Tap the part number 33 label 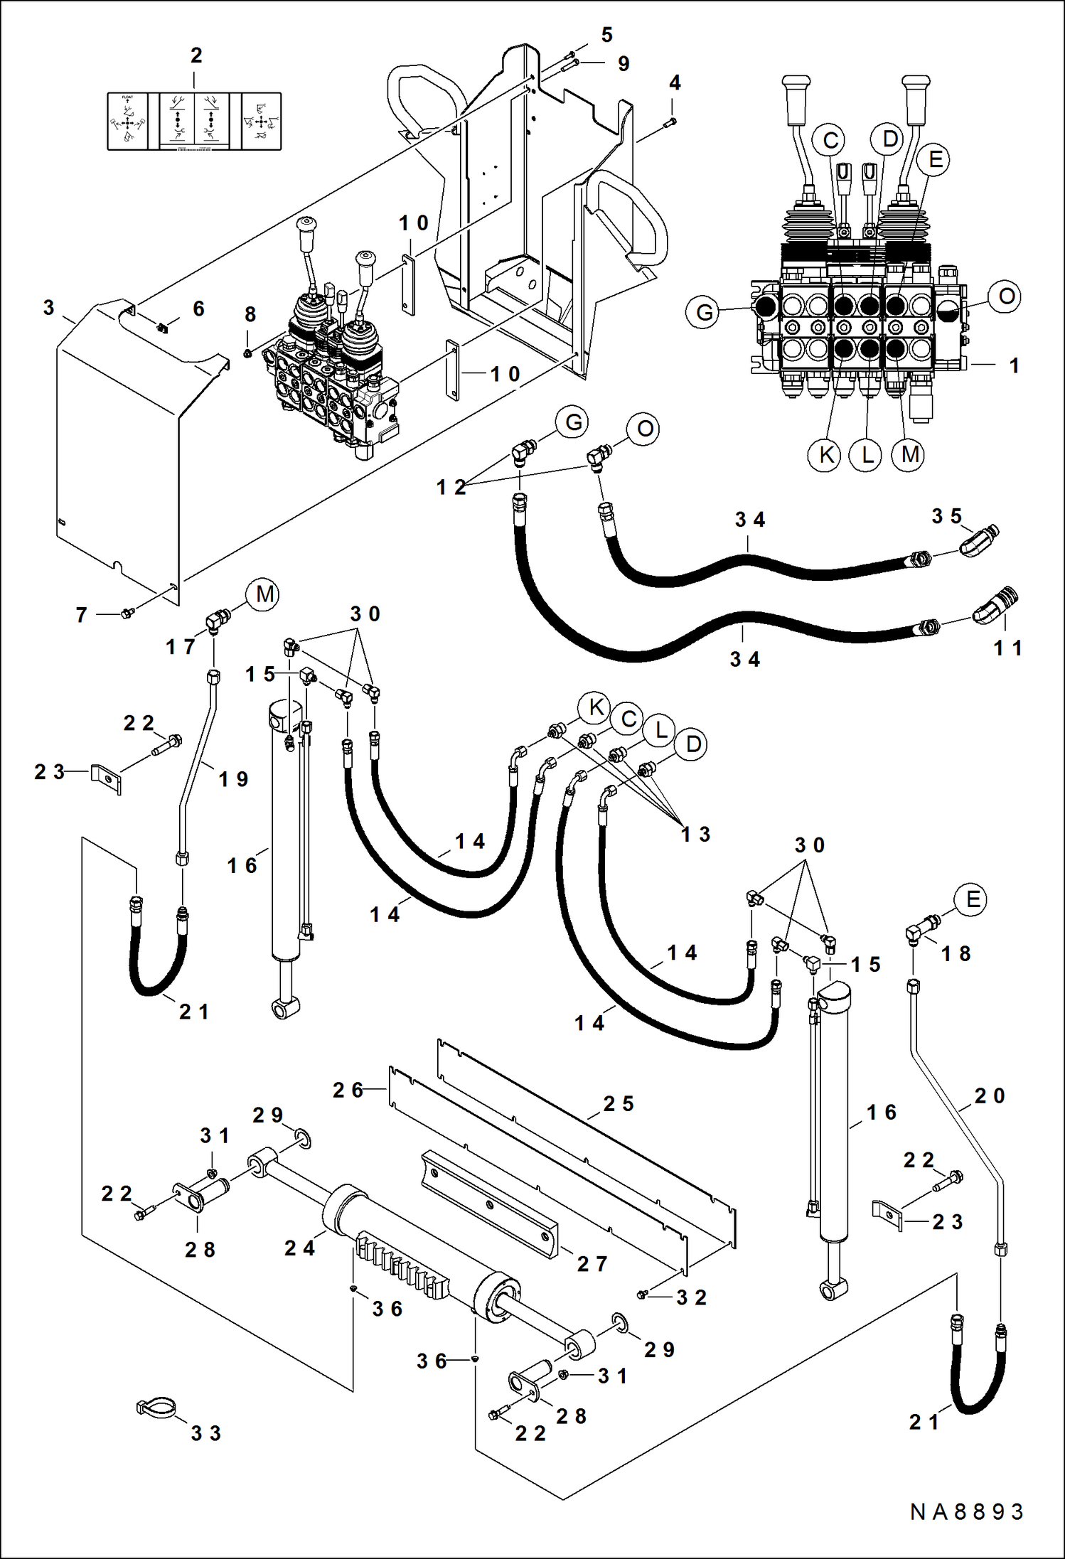(x=205, y=1433)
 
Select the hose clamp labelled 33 (x=156, y=1408)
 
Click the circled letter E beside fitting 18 (x=972, y=900)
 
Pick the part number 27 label (x=592, y=1264)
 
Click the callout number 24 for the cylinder (x=299, y=1248)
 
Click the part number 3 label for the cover (x=48, y=309)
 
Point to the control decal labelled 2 (x=194, y=122)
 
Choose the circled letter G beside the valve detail (x=704, y=313)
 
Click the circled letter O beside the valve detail (x=1006, y=296)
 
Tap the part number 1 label (x=1015, y=365)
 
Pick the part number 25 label (x=618, y=1104)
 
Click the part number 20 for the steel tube (x=990, y=1096)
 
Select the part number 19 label (x=233, y=780)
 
